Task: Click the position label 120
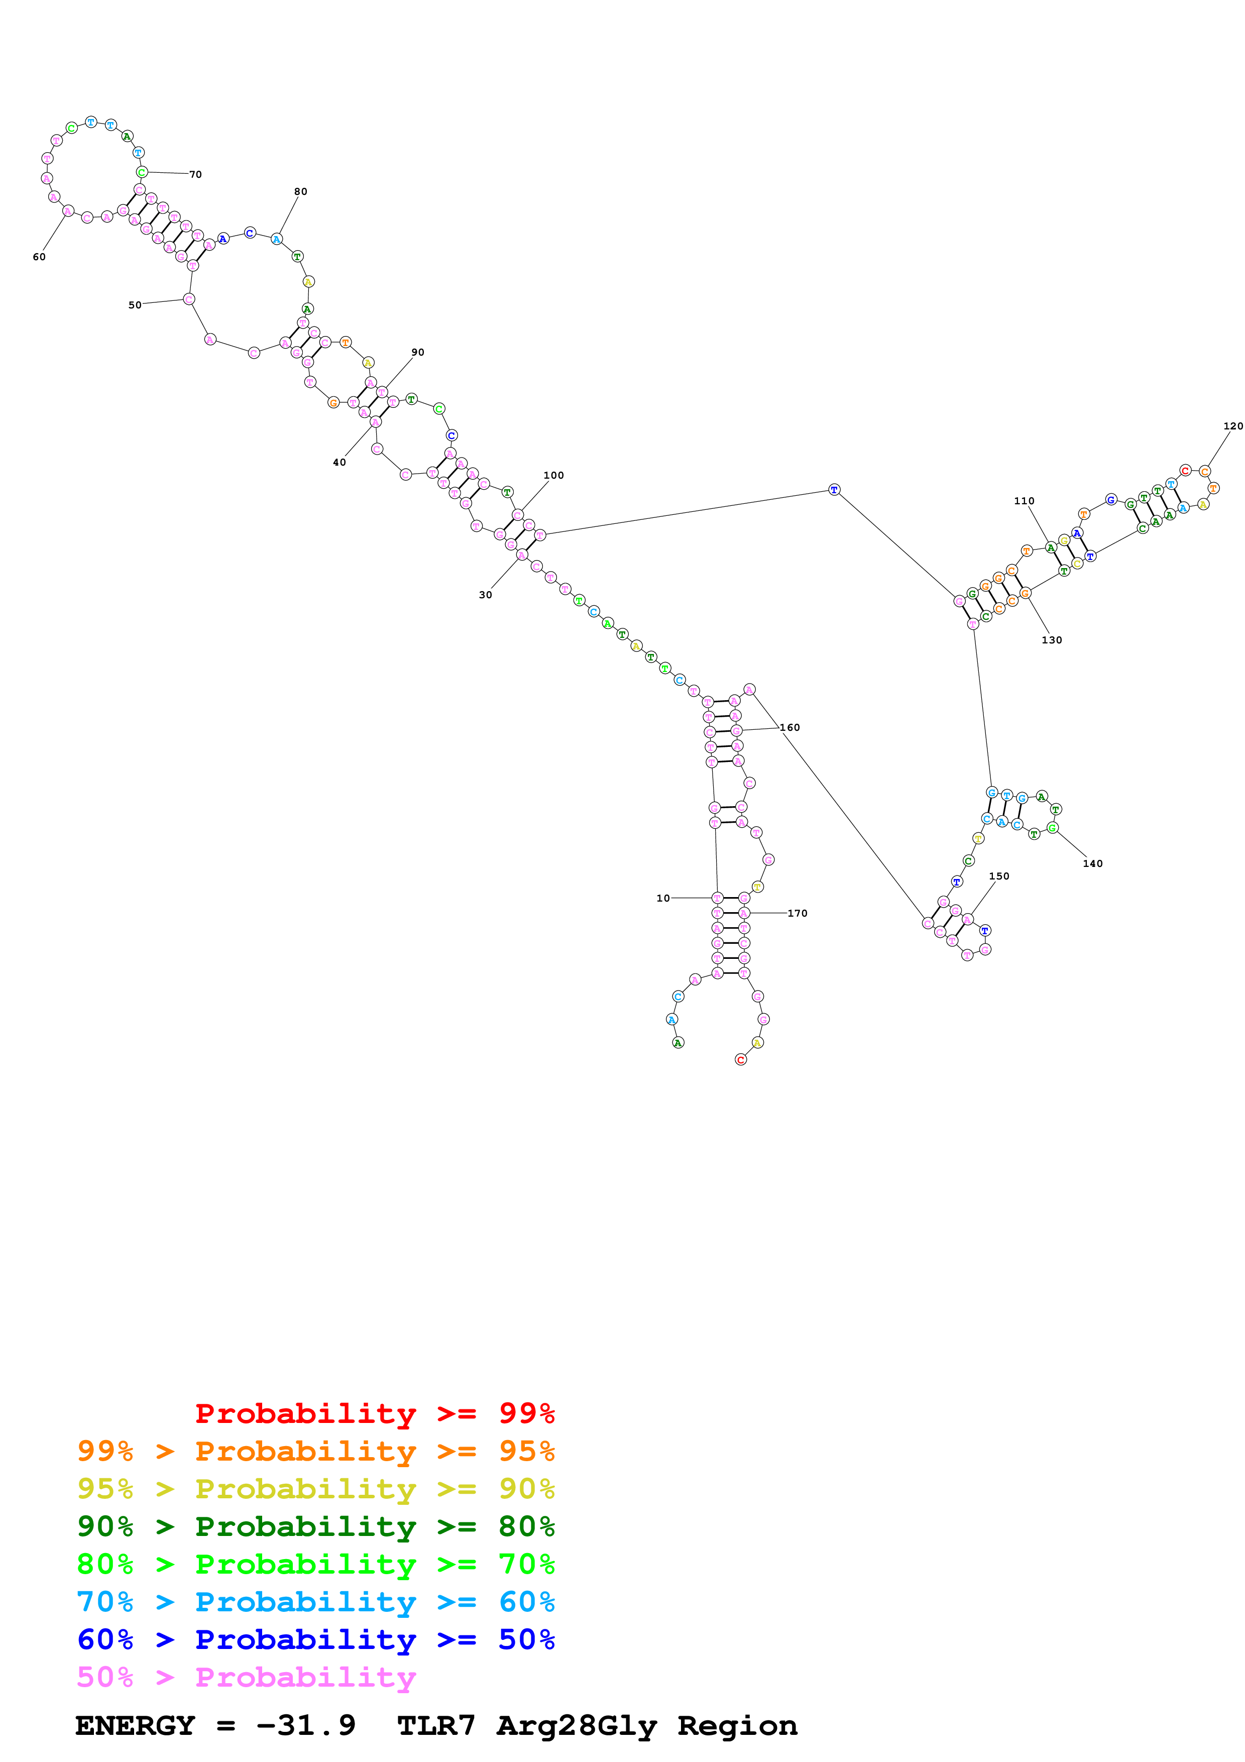[x=1233, y=426]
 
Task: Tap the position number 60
[x=39, y=257]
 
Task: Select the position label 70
[x=195, y=175]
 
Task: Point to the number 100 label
[x=553, y=476]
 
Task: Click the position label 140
[x=1092, y=863]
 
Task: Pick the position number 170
[x=797, y=913]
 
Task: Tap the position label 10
[x=663, y=898]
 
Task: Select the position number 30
[x=486, y=595]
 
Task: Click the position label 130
[x=1052, y=640]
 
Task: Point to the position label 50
[x=135, y=305]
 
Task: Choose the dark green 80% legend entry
[x=315, y=1526]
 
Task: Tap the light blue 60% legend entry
[x=315, y=1602]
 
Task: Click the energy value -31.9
[x=305, y=1725]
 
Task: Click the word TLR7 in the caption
[x=436, y=1725]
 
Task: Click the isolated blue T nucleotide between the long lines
[x=834, y=490]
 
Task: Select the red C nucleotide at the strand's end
[x=740, y=1060]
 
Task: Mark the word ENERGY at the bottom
[x=135, y=1725]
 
